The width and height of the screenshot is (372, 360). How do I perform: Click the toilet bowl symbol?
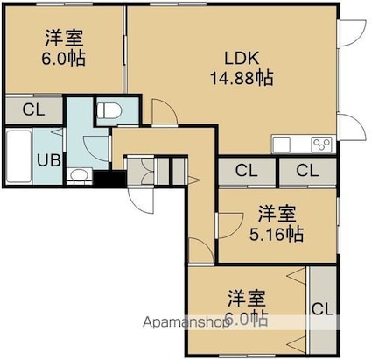pyautogui.click(x=111, y=112)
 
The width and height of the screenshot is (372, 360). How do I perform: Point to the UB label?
pyautogui.click(x=47, y=159)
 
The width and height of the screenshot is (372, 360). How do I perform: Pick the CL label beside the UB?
pyautogui.click(x=33, y=110)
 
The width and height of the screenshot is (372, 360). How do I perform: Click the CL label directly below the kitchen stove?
pyautogui.click(x=307, y=171)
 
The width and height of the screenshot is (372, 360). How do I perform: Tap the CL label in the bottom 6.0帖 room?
pyautogui.click(x=323, y=308)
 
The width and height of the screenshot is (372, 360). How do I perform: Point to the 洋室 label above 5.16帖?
pyautogui.click(x=276, y=214)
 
